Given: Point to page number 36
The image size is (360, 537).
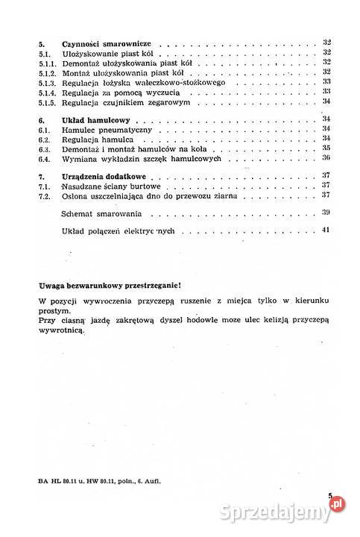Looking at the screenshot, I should [326, 158].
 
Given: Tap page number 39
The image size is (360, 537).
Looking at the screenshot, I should [326, 213].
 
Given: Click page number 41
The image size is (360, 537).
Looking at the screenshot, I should [326, 231].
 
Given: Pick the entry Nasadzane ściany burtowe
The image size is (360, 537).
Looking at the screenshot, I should [112, 186].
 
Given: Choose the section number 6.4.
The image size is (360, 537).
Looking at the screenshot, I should [44, 158].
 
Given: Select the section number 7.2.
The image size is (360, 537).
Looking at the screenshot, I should [44, 195].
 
